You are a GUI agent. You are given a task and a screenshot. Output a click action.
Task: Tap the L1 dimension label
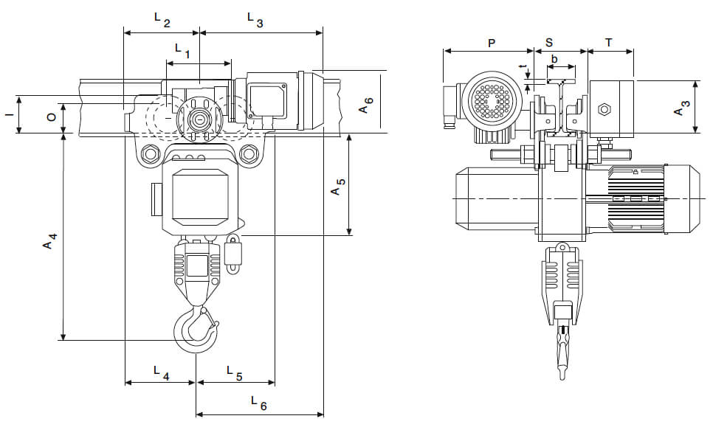click(182, 51)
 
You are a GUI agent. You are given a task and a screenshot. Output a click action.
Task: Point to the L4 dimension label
click(162, 372)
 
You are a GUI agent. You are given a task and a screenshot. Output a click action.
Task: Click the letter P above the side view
click(492, 43)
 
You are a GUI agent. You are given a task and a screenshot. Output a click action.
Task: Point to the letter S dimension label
click(549, 43)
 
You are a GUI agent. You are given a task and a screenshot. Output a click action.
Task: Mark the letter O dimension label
click(49, 117)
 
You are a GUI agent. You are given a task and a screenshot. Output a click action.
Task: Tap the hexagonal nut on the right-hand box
click(604, 110)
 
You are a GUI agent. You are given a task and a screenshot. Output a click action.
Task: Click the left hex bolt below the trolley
click(151, 154)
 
